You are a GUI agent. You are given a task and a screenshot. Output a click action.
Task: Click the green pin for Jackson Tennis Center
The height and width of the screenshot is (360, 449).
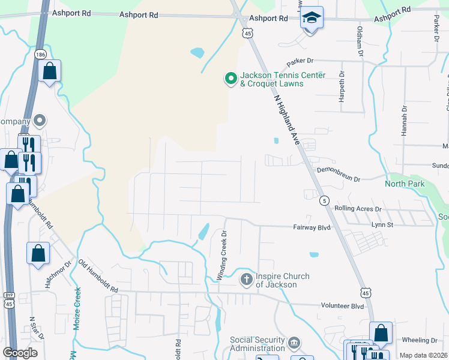231,79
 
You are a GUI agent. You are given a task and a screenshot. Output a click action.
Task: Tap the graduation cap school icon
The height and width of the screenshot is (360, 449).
312,17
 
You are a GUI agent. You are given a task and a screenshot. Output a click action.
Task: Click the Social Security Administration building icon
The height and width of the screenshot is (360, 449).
294,344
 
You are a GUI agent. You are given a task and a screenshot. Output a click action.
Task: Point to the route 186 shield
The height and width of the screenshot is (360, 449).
40,55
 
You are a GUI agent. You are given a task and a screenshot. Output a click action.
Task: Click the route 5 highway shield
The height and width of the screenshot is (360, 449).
324,200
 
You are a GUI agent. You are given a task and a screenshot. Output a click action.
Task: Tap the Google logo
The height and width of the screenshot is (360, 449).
20,353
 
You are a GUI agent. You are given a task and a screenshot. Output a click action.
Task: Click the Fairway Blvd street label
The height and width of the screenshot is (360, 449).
312,228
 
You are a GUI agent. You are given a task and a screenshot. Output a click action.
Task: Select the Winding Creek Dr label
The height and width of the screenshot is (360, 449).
221,255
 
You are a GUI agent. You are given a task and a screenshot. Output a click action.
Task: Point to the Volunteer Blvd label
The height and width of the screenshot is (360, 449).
342,306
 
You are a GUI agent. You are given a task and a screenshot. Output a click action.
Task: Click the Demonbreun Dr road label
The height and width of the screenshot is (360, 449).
338,179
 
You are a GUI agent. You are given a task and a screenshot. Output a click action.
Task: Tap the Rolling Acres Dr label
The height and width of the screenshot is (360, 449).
358,209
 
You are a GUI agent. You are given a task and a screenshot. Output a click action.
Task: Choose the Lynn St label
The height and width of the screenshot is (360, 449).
382,224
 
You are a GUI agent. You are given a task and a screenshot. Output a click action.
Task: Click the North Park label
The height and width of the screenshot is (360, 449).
405,184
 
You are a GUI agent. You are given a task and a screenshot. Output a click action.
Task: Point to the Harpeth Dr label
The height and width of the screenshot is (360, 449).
342,87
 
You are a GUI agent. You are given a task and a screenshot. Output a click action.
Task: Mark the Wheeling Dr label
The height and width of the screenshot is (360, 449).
420,340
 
